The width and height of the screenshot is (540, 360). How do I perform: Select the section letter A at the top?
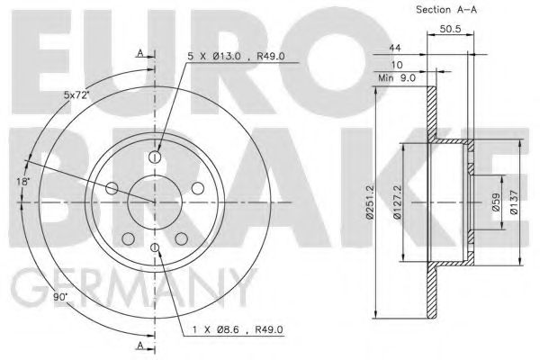point(139,53)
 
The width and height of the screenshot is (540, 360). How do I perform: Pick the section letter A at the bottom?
point(139,343)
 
